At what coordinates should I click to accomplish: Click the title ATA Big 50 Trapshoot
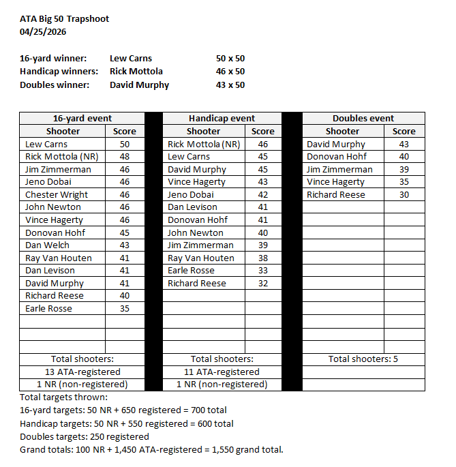64,18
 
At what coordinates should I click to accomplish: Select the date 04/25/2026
43,31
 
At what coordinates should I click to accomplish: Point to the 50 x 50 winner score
230,59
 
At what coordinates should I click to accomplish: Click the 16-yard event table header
82,119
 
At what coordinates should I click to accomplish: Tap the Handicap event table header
222,119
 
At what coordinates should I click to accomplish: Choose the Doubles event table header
363,119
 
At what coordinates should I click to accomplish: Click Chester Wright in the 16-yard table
57,195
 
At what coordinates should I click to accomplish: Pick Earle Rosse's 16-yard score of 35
124,309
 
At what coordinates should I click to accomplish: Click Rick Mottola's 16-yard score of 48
124,157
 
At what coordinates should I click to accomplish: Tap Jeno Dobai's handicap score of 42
262,195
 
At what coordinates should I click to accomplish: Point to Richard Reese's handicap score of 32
262,284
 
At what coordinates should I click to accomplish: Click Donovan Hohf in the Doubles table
337,157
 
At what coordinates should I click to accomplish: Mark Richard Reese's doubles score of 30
404,195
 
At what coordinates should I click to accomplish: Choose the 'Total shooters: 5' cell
363,359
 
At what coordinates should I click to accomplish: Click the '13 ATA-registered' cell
82,372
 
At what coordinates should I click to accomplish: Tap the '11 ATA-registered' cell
222,372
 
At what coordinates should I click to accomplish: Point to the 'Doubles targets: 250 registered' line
85,436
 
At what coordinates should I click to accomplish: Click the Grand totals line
151,449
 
